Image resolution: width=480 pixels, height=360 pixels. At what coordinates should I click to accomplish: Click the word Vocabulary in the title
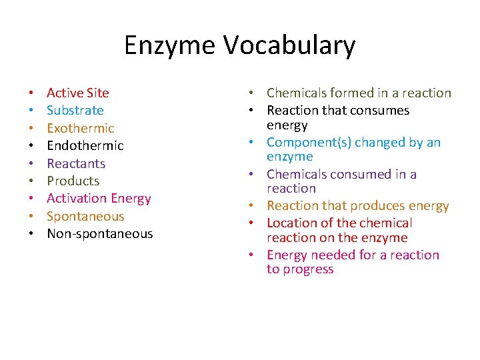(x=290, y=46)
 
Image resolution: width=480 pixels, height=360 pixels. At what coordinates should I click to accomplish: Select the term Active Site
(x=77, y=93)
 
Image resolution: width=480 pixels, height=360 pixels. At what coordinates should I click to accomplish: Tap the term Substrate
(x=75, y=110)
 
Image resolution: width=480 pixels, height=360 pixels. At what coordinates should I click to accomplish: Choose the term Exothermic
(x=80, y=128)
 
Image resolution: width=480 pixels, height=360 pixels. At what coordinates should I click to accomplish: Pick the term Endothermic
(x=85, y=145)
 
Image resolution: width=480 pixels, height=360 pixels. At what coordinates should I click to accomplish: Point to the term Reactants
(x=75, y=163)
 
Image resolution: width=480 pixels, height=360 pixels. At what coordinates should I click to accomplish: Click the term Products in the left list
(x=73, y=181)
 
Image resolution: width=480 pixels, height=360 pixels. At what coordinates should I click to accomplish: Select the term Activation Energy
(x=99, y=198)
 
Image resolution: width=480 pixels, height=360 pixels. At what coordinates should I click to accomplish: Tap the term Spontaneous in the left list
(x=85, y=216)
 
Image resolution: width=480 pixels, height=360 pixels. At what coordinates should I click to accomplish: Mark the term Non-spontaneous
(x=99, y=233)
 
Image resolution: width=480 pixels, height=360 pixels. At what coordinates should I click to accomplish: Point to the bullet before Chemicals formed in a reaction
(x=257, y=93)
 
